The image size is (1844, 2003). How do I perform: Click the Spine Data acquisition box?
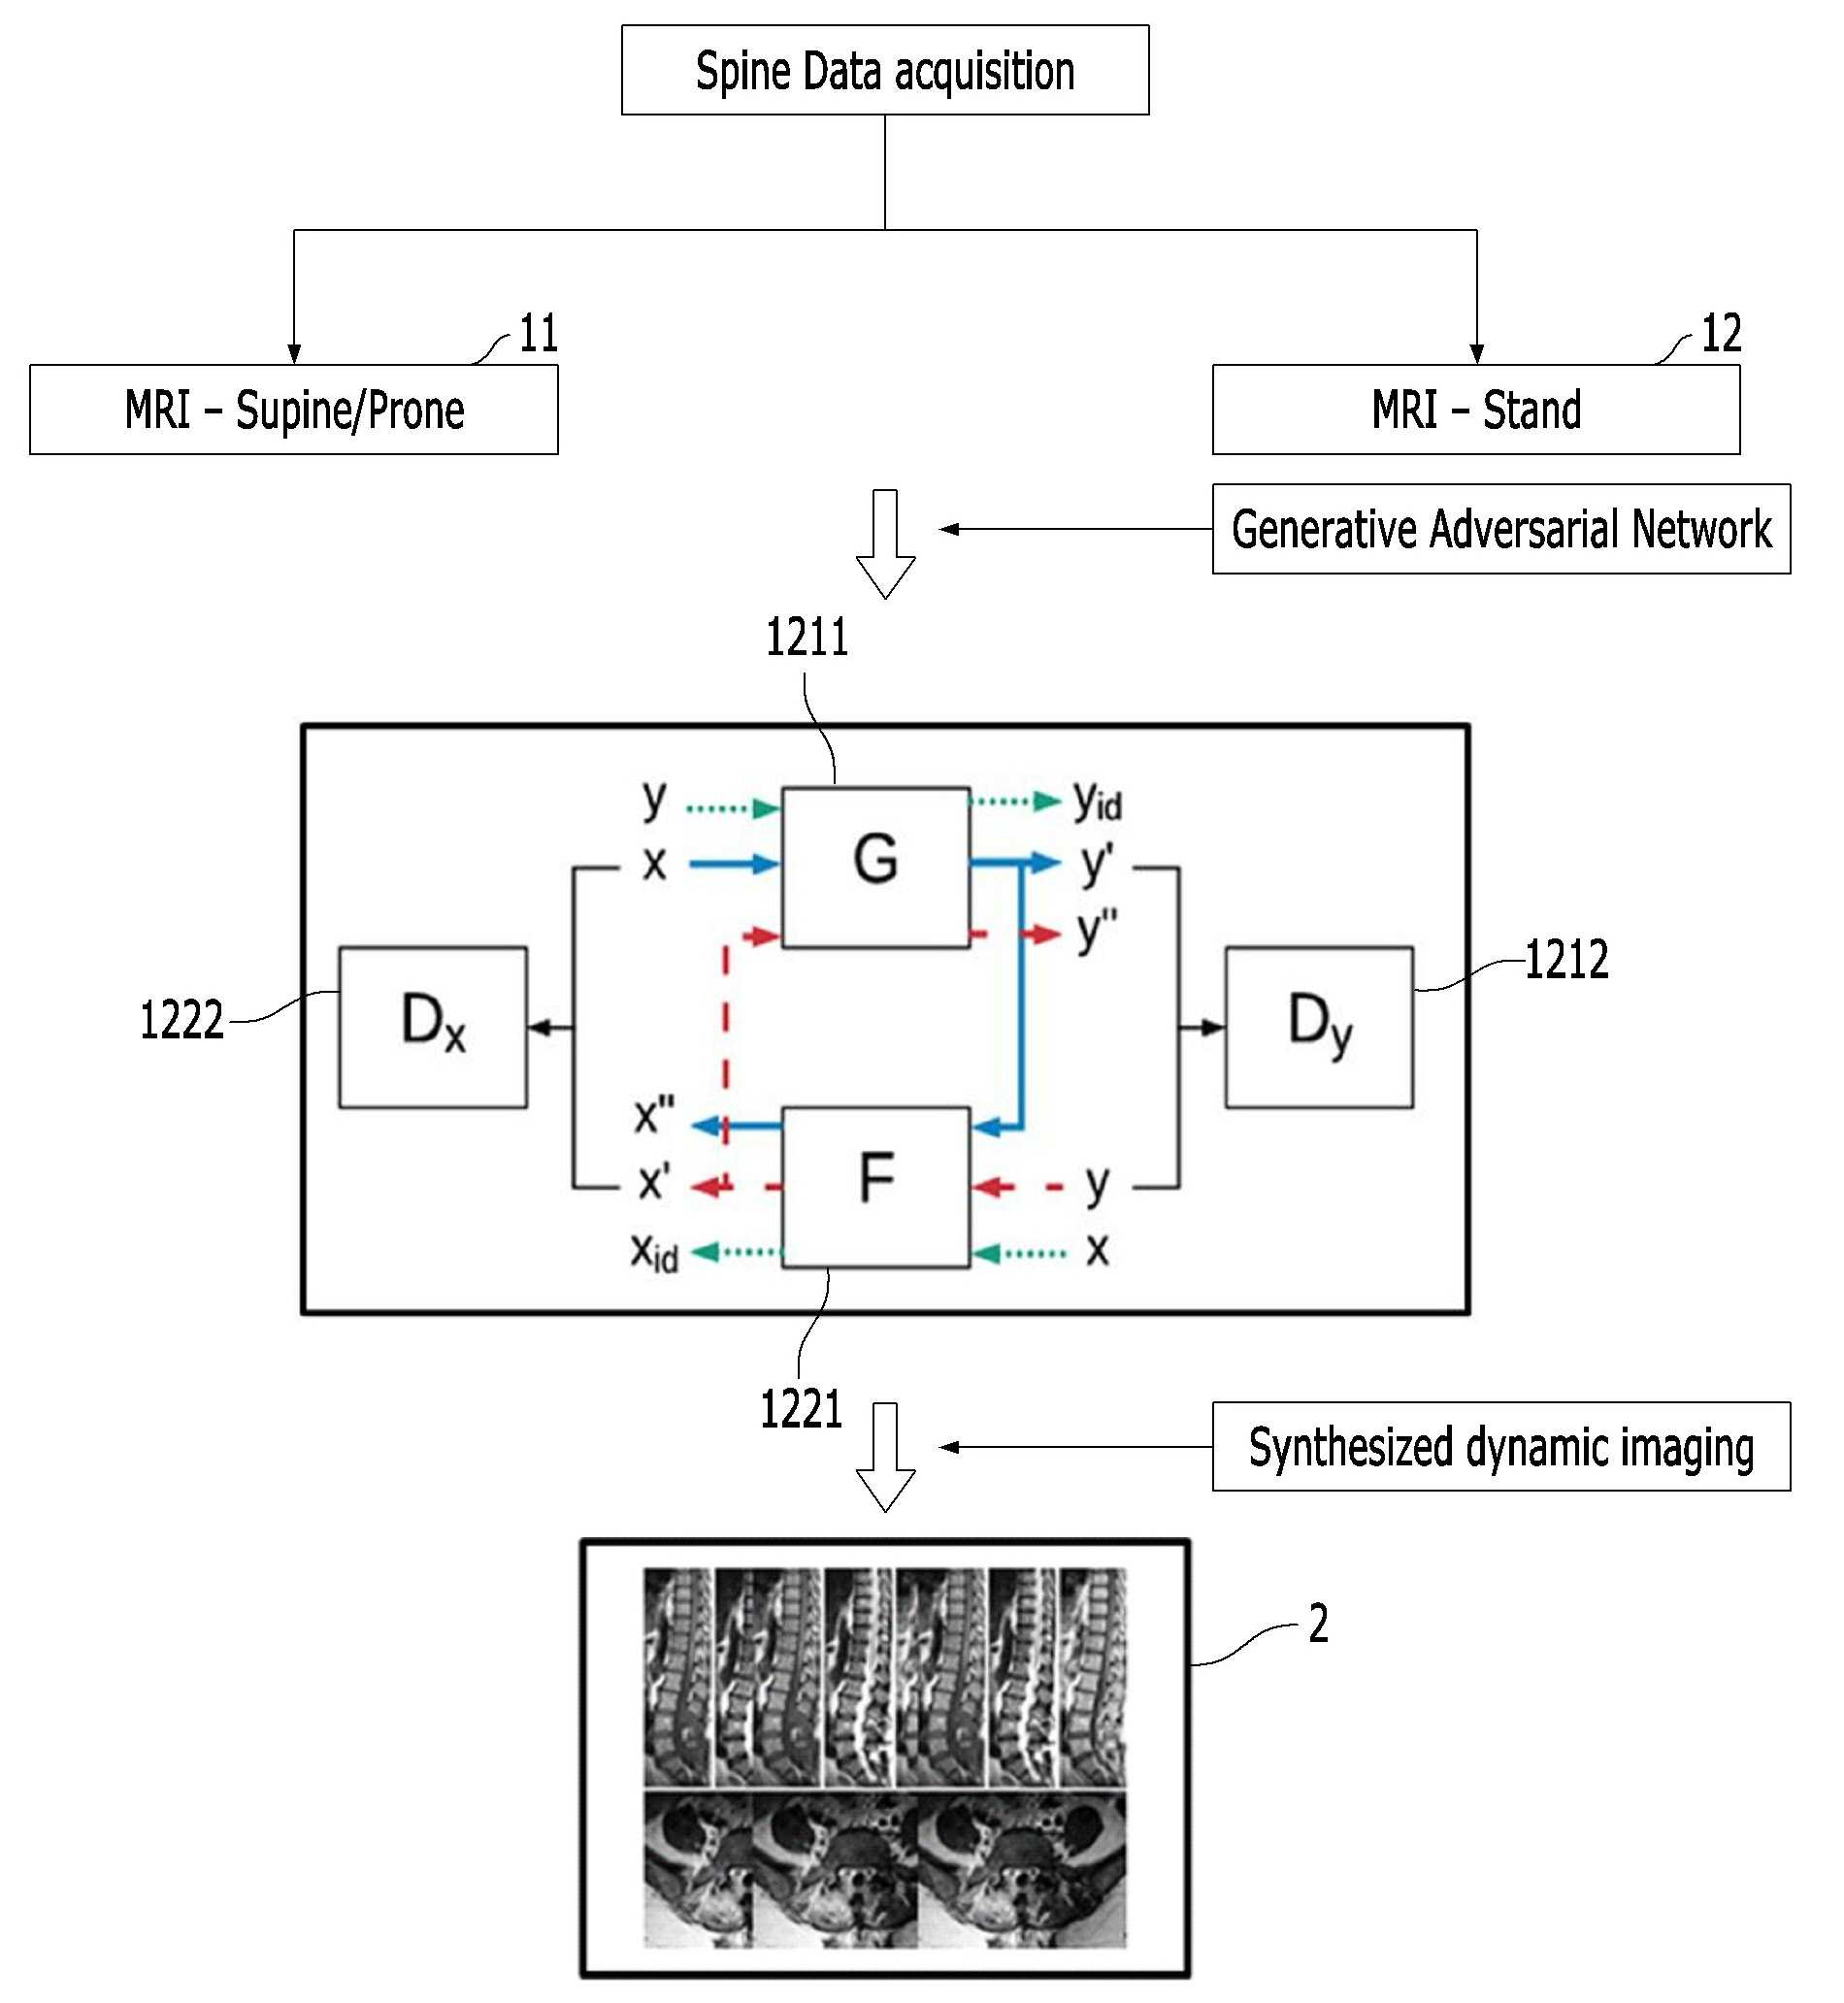click(x=885, y=70)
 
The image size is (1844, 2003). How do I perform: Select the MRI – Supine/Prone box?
click(x=293, y=409)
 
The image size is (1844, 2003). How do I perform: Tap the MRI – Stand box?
click(x=1476, y=409)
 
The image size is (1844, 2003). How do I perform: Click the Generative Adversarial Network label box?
click(x=1500, y=529)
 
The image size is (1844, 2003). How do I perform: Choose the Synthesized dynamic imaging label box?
click(x=1500, y=1446)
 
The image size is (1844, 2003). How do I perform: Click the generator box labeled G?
click(x=876, y=867)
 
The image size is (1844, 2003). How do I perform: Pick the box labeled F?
click(x=876, y=1187)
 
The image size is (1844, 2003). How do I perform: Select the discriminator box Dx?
click(x=433, y=1028)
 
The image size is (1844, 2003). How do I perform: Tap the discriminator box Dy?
click(x=1319, y=1028)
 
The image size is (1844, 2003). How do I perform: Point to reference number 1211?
click(x=807, y=638)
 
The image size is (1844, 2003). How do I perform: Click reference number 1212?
click(x=1566, y=960)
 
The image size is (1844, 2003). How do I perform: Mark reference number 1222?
click(x=181, y=1021)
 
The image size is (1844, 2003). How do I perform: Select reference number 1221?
click(x=802, y=1409)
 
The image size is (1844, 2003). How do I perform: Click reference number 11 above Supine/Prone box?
click(x=539, y=333)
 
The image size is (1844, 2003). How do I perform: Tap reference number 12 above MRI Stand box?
click(x=1722, y=333)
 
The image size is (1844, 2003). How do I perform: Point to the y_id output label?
click(x=1098, y=801)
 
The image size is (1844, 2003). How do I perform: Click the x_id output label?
click(x=654, y=1251)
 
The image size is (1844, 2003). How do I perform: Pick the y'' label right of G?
click(x=1098, y=931)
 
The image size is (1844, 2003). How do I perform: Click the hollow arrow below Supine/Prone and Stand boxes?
click(x=885, y=543)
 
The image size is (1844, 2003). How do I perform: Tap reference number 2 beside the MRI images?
click(x=1318, y=1624)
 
